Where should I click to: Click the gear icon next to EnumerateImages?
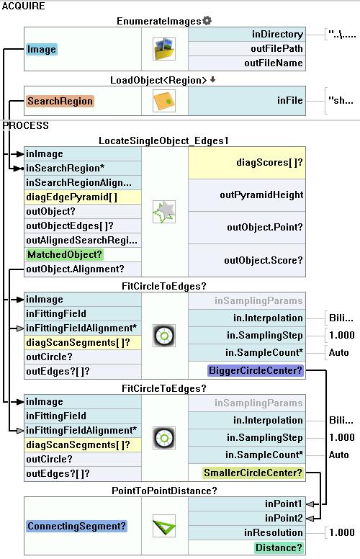[207, 21]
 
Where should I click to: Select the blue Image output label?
[41, 49]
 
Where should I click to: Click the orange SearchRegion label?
[60, 102]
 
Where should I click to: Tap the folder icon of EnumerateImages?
[164, 49]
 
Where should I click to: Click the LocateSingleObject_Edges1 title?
[163, 140]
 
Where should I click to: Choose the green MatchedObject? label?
[65, 254]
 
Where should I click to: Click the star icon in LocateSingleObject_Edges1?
[164, 212]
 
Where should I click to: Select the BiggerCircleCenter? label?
[255, 370]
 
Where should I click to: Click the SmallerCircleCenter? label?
[253, 473]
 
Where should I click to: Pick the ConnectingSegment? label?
[76, 526]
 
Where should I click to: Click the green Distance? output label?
[279, 547]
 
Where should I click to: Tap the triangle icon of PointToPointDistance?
[164, 526]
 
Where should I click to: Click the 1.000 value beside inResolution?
[342, 532]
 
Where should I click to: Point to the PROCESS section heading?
[25, 125]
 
